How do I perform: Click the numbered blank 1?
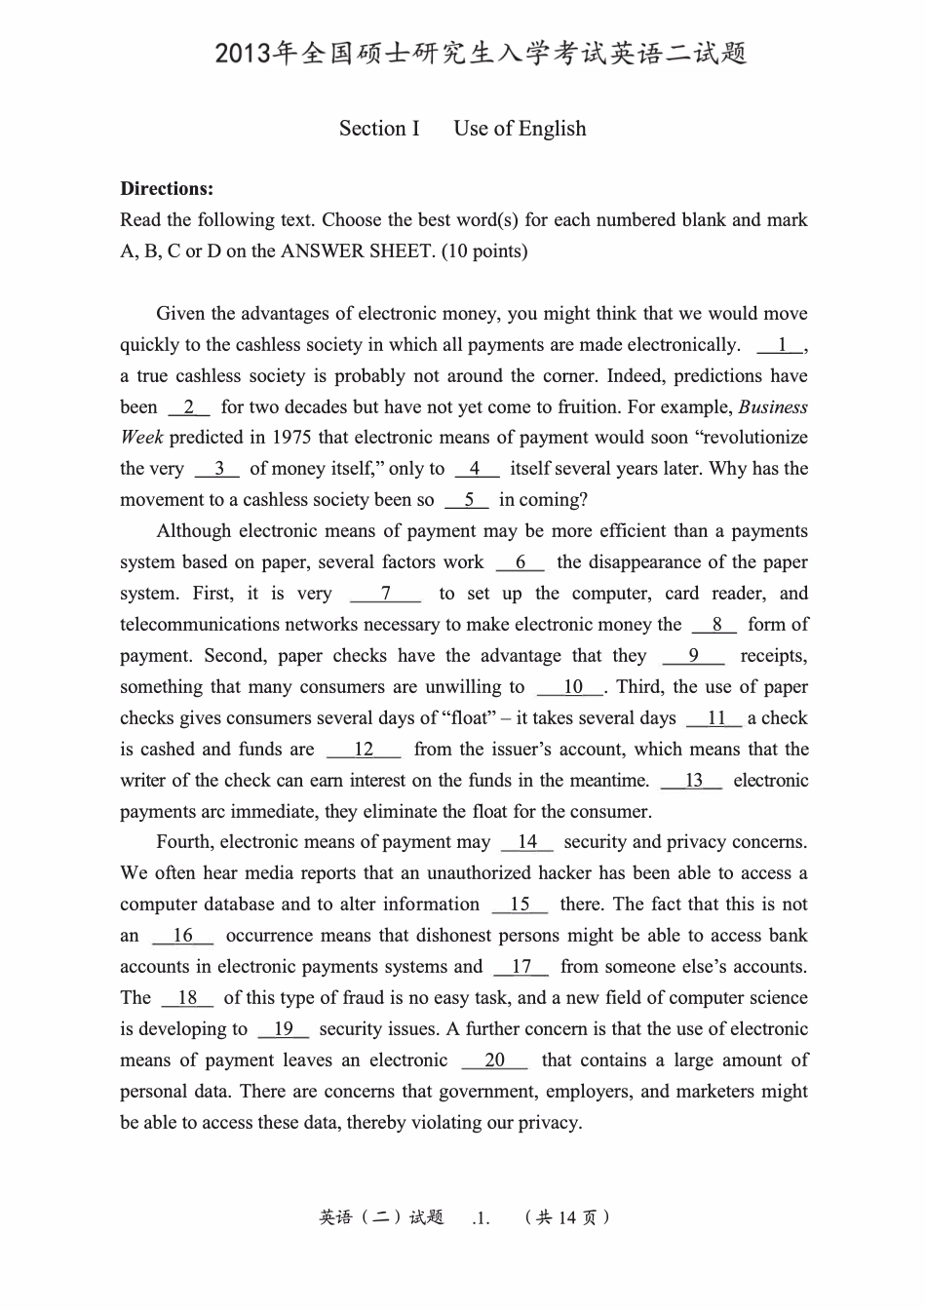coord(781,345)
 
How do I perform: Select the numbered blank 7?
coord(386,594)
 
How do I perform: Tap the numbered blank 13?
coord(692,781)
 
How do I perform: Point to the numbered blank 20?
coord(494,1060)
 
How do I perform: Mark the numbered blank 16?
coord(182,936)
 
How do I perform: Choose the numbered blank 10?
coord(571,687)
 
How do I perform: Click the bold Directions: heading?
coord(167,189)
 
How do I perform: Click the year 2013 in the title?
coord(245,55)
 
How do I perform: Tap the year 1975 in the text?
coord(292,438)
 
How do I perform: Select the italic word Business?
coord(773,407)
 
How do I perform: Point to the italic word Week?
coord(141,438)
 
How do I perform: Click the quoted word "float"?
coord(470,718)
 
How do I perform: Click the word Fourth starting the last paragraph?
coord(184,842)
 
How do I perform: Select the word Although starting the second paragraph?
coord(193,531)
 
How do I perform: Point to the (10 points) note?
coord(484,251)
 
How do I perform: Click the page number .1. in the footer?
coord(480,1217)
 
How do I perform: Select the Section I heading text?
coord(379,129)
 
